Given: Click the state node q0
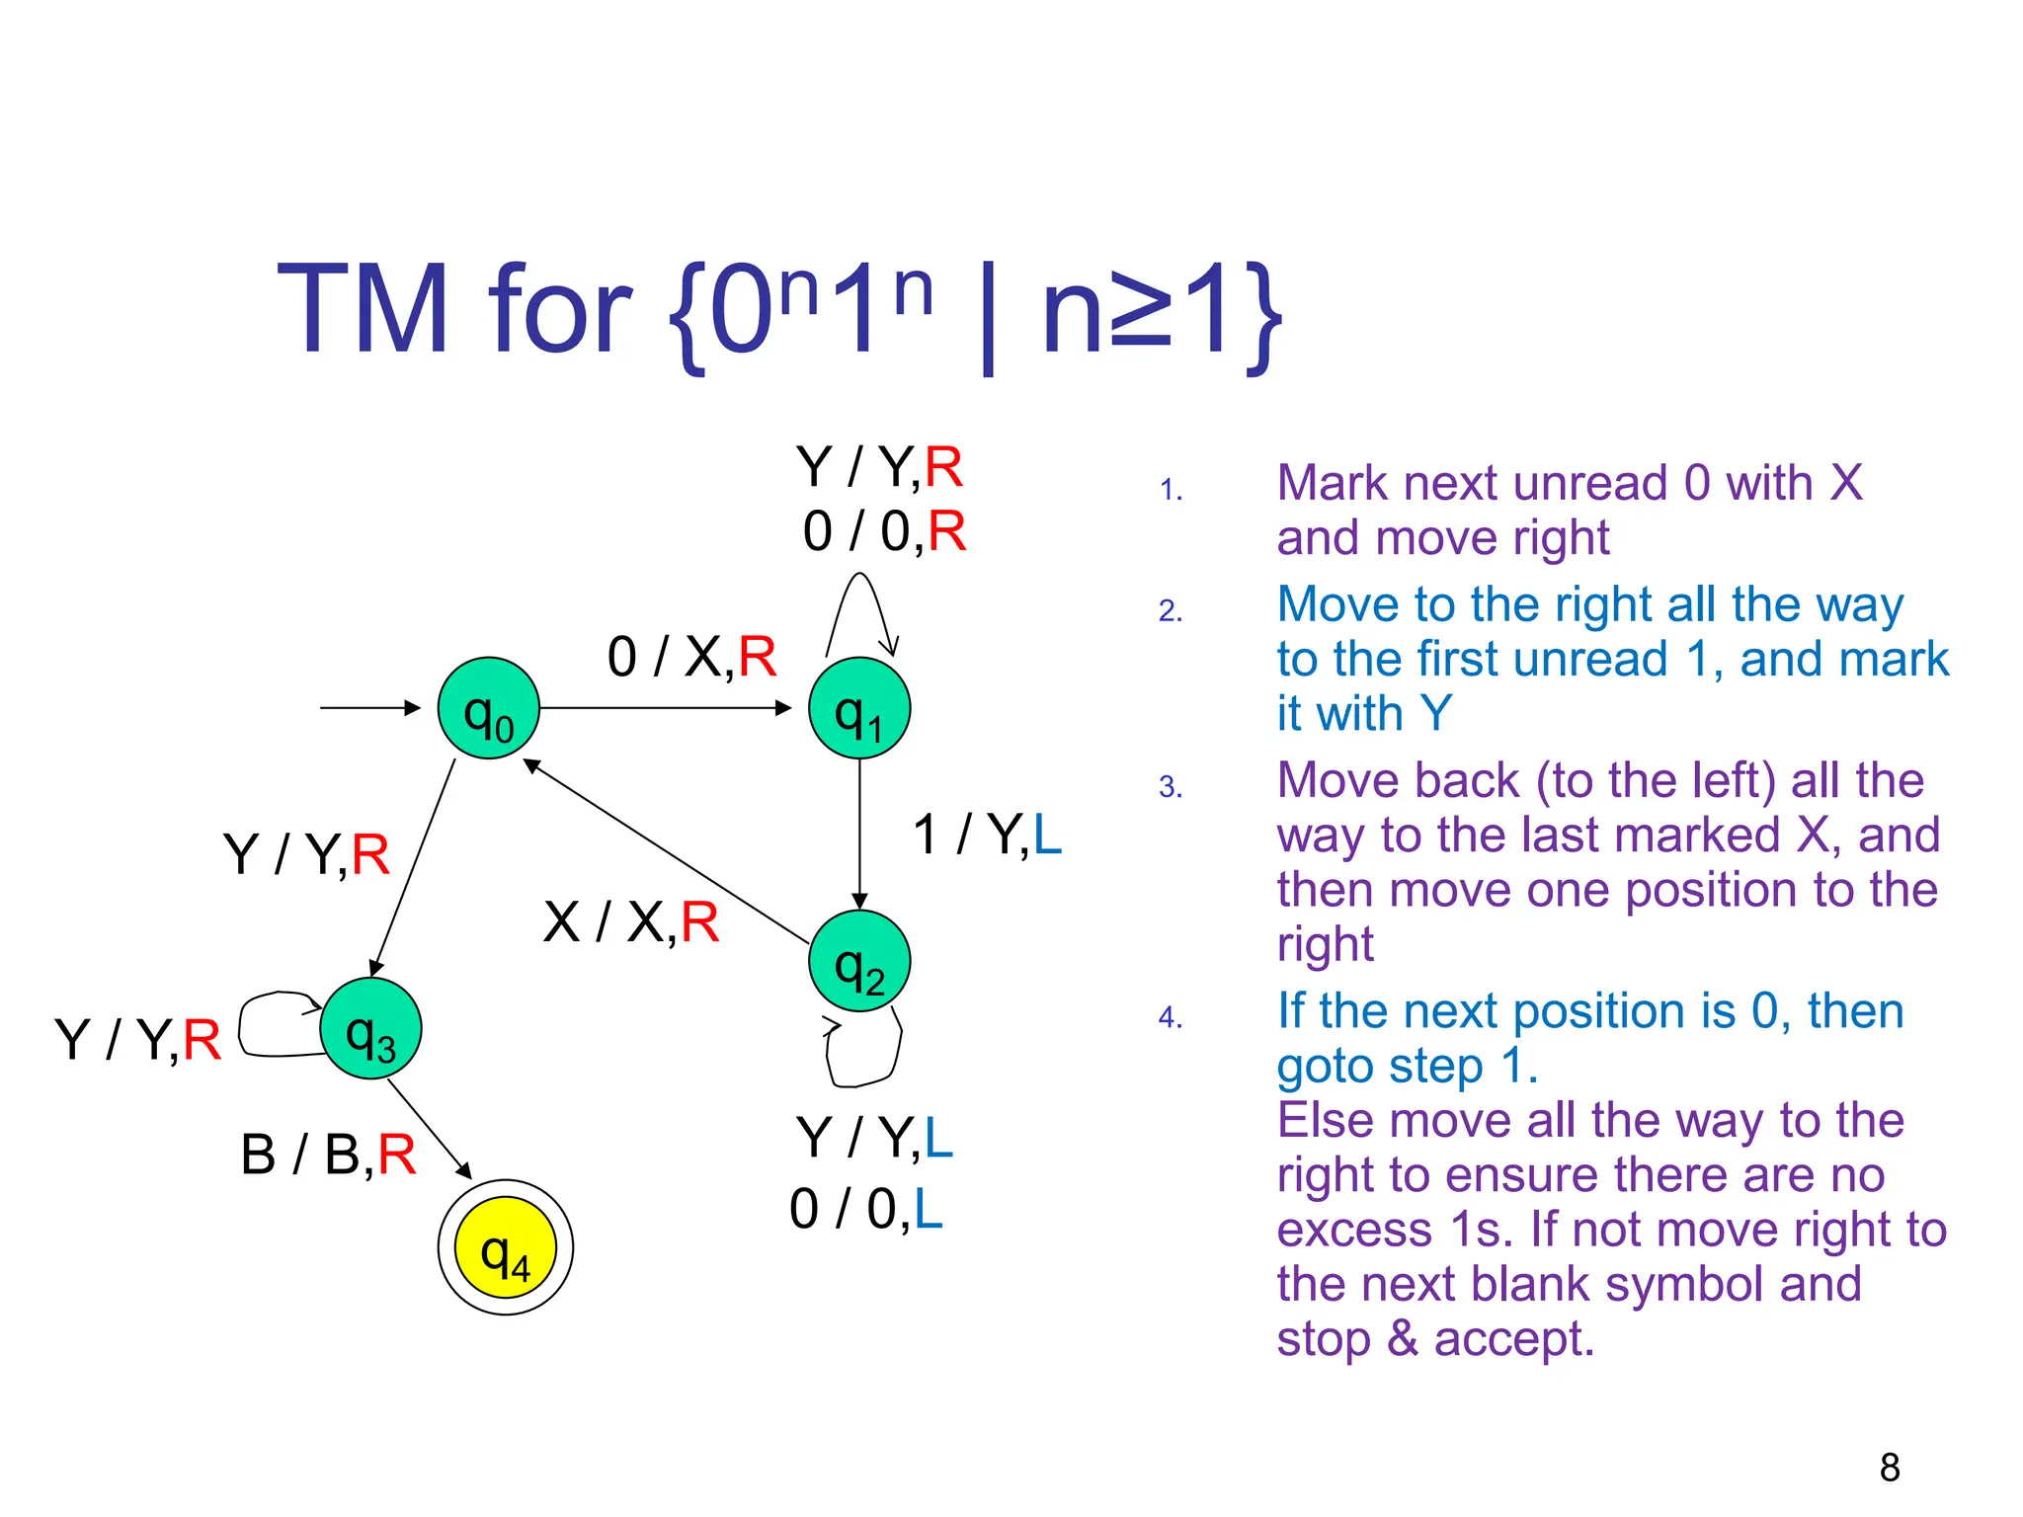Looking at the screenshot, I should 488,708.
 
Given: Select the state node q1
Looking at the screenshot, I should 858,708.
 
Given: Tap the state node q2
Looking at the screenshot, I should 858,961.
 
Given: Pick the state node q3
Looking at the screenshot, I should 370,1028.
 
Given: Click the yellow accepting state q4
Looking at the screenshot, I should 505,1247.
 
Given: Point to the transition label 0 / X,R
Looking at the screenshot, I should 691,657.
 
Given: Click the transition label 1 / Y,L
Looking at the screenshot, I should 987,835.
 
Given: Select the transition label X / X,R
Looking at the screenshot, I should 631,922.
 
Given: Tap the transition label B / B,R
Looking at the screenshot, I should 328,1154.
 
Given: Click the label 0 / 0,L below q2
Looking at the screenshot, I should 866,1209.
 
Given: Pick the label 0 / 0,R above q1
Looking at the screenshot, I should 884,531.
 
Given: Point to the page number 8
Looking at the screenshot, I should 1890,1468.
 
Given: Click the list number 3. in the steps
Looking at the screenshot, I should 1171,787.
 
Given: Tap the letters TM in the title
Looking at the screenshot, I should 363,309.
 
